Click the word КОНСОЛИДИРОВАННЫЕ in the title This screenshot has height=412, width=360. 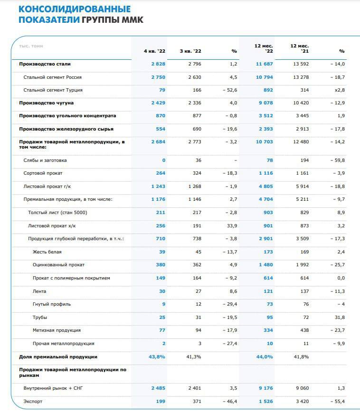[x=75, y=9]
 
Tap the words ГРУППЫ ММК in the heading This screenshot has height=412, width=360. [x=113, y=20]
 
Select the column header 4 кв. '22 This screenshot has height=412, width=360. [x=155, y=51]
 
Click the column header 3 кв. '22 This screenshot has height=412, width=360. [x=190, y=51]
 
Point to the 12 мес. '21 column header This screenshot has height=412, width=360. [x=300, y=48]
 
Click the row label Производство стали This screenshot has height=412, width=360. [x=45, y=64]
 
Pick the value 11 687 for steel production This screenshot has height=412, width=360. [x=264, y=64]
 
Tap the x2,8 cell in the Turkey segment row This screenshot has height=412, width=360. [x=340, y=90]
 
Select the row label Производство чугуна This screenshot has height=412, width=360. [x=46, y=103]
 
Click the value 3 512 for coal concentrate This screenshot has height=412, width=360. [x=266, y=116]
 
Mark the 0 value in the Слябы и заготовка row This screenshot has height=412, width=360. [x=164, y=160]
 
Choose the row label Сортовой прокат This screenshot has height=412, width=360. [x=43, y=173]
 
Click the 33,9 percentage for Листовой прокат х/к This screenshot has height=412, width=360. [x=232, y=226]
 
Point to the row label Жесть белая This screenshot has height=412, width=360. [x=47, y=252]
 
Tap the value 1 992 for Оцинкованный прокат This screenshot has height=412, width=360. [x=303, y=264]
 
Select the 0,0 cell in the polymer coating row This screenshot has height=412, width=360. [x=341, y=278]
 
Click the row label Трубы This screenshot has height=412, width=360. [x=40, y=318]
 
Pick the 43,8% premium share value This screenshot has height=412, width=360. [x=157, y=357]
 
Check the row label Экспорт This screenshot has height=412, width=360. [x=33, y=402]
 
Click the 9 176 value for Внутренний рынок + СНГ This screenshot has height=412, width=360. [x=266, y=388]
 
